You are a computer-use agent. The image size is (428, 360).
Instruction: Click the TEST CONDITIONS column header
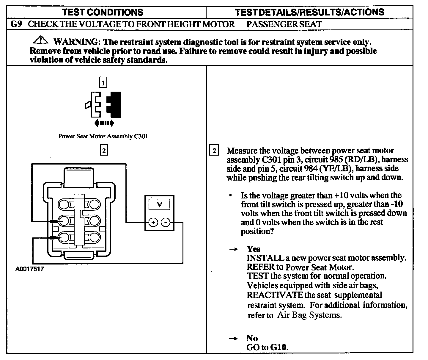[x=103, y=12]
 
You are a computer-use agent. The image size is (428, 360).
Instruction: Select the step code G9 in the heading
[x=16, y=24]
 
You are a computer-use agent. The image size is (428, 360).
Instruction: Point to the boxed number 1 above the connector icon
[x=103, y=82]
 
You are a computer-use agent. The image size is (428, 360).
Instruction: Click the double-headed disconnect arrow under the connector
[x=104, y=123]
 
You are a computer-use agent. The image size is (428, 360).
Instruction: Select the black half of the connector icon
[x=114, y=104]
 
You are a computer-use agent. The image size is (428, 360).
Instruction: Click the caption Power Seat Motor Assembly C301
[x=103, y=136]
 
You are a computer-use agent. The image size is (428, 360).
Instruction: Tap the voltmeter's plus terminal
[x=153, y=222]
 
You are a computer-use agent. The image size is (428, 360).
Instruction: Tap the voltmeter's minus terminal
[x=166, y=222]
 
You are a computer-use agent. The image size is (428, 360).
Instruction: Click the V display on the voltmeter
[x=159, y=205]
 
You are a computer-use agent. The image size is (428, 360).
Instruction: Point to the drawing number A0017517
[x=29, y=269]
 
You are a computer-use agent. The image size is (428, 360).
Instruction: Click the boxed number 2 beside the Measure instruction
[x=214, y=150]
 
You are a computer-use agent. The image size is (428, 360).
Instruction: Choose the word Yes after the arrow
[x=253, y=249]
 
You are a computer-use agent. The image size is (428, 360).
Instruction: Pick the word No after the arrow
[x=252, y=338]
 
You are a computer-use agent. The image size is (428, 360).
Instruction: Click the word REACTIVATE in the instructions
[x=275, y=295]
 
